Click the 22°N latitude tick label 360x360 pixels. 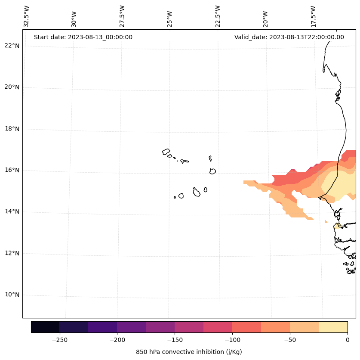point(12,46)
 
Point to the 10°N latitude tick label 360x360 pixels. point(12,295)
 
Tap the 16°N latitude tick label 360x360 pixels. point(12,170)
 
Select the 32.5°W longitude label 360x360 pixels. point(27,16)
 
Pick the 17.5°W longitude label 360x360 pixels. point(314,16)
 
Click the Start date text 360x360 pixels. point(83,37)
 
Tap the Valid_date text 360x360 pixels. point(289,37)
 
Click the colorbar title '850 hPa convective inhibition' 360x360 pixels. point(189,352)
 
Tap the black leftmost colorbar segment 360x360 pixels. point(45,327)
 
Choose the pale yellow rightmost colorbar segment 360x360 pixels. point(333,327)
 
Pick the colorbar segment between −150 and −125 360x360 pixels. point(189,327)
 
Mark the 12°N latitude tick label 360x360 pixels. point(12,253)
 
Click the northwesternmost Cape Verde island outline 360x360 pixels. point(166,152)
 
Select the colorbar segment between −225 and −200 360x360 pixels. point(102,327)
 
